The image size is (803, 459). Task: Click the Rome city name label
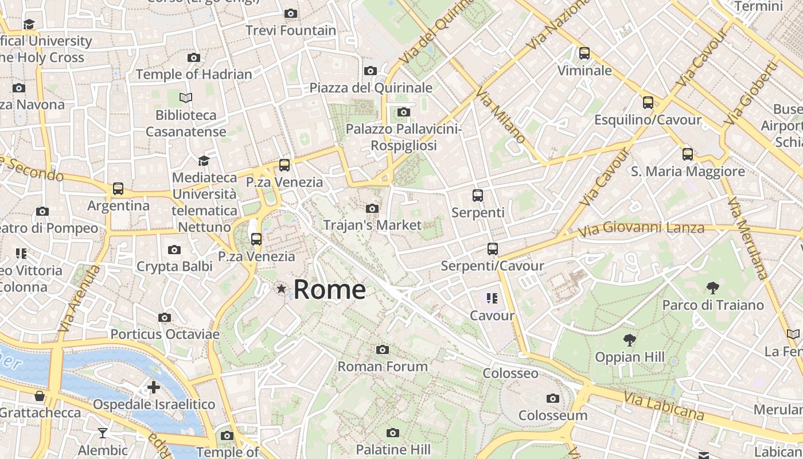[329, 290]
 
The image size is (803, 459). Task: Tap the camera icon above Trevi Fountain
[291, 13]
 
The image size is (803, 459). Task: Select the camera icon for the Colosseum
[553, 398]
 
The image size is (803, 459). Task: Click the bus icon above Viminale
[584, 53]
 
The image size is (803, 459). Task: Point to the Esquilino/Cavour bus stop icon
[648, 103]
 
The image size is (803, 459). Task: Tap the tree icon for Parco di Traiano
[713, 287]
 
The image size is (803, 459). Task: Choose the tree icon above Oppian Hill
[630, 340]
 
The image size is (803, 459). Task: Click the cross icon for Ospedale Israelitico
[154, 387]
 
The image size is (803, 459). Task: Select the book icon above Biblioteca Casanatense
[186, 98]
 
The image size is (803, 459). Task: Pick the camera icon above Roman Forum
[383, 349]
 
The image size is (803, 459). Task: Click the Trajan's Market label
[372, 225]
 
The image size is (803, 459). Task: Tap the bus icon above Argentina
[118, 188]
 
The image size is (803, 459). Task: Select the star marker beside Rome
[281, 289]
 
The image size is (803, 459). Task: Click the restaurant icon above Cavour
[492, 298]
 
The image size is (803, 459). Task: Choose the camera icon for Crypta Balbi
[174, 250]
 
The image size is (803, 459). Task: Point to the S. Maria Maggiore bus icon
[688, 154]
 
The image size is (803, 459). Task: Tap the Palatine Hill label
[393, 449]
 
